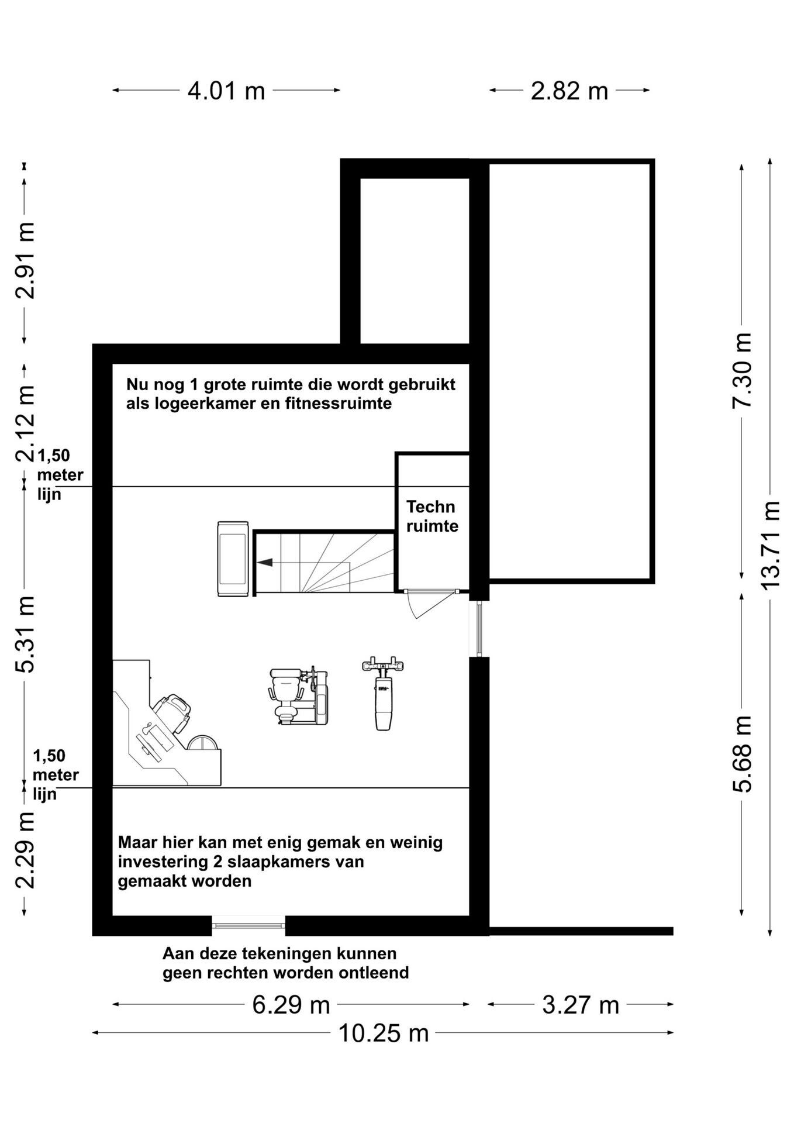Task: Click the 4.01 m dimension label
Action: pyautogui.click(x=226, y=91)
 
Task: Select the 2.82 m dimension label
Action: pyautogui.click(x=569, y=91)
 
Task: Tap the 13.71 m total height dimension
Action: pyautogui.click(x=771, y=546)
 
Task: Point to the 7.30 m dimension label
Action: pyautogui.click(x=743, y=370)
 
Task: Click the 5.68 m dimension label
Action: pyautogui.click(x=743, y=754)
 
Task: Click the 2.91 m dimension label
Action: pyautogui.click(x=25, y=260)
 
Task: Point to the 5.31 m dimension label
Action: pyautogui.click(x=25, y=635)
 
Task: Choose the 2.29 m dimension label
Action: pyautogui.click(x=25, y=850)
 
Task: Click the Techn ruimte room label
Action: pyautogui.click(x=432, y=516)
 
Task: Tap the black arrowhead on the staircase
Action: pyautogui.click(x=265, y=562)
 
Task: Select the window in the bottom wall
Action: pyautogui.click(x=248, y=925)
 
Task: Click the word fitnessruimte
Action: pyautogui.click(x=339, y=404)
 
